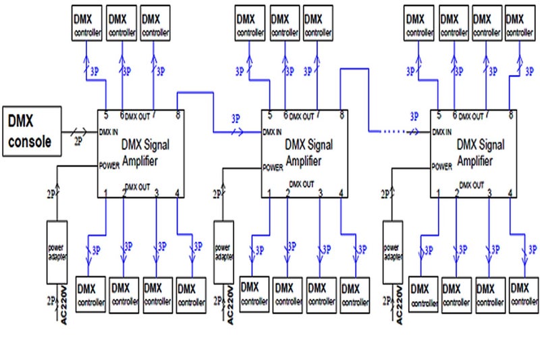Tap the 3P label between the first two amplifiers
236,116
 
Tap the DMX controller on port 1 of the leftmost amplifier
91,292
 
